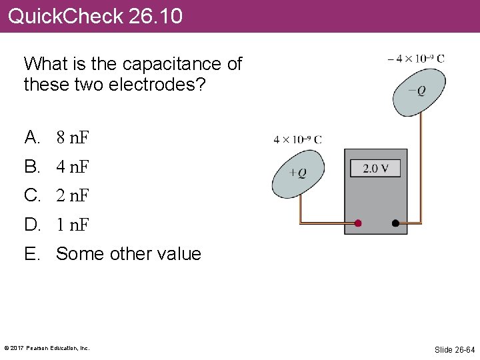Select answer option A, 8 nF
click(x=73, y=138)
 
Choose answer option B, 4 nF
click(x=73, y=167)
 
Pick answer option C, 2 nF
click(x=73, y=196)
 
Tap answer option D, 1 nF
click(x=73, y=225)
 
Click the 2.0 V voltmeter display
click(x=375, y=168)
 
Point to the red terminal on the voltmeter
click(x=358, y=223)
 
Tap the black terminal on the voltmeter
click(x=395, y=223)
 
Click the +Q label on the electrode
click(x=298, y=173)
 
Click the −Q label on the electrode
click(x=417, y=91)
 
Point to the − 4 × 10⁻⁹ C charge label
click(x=415, y=58)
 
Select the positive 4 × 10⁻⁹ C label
click(x=297, y=139)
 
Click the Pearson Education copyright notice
click(x=47, y=348)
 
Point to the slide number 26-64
click(x=455, y=349)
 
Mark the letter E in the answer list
click(x=31, y=254)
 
